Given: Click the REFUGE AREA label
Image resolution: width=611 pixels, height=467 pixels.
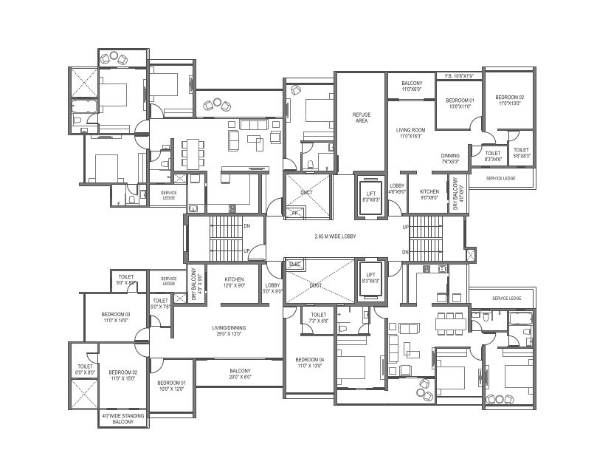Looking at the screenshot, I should click(361, 117).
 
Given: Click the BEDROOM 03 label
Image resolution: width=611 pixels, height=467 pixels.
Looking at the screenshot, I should click(116, 318).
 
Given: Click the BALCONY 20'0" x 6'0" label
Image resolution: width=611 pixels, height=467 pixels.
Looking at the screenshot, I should click(240, 374).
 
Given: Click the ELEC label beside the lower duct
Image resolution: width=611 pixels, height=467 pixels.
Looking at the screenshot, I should click(294, 264).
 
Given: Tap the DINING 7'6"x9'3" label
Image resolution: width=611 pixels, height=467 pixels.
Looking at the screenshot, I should click(450, 158).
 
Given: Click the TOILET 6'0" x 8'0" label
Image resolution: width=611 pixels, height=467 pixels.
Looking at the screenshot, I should click(85, 369).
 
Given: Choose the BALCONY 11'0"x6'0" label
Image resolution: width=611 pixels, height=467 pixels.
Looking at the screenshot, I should click(411, 86).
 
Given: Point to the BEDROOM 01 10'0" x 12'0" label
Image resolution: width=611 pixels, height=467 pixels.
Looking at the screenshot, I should click(171, 385).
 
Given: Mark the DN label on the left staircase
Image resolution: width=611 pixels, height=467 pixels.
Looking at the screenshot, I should click(246, 226).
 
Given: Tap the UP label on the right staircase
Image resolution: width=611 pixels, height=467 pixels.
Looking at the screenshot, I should click(405, 227).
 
